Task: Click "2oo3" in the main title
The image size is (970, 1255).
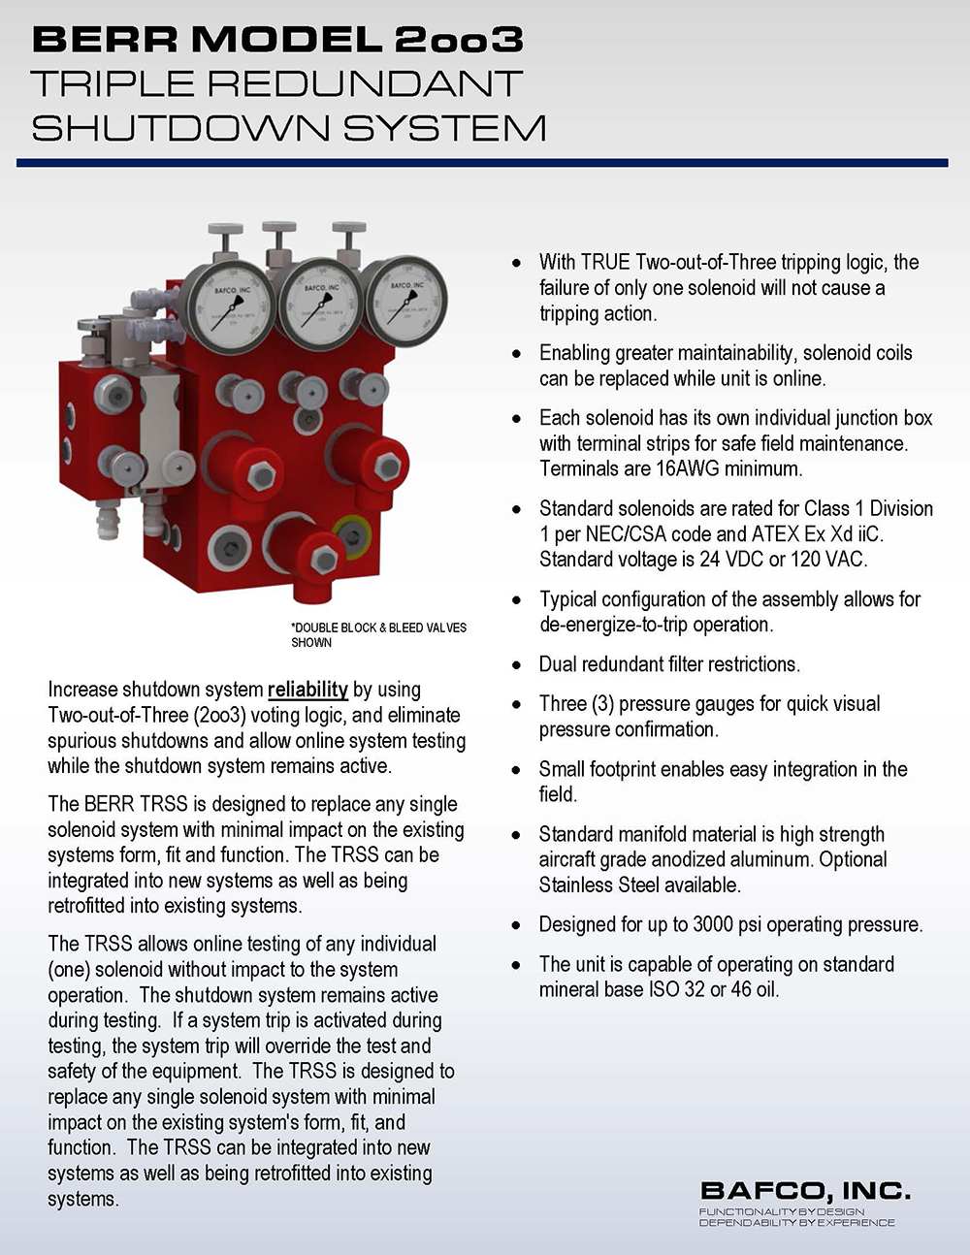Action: click(x=459, y=40)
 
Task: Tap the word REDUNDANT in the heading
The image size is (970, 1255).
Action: click(x=366, y=84)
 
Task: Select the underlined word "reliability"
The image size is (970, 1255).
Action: click(x=307, y=690)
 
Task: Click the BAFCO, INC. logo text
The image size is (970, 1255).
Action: click(x=805, y=1191)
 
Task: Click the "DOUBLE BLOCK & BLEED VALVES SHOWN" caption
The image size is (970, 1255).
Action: click(x=378, y=635)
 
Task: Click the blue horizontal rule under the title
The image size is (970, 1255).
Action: click(x=482, y=163)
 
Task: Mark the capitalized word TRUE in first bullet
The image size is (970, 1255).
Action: click(x=605, y=263)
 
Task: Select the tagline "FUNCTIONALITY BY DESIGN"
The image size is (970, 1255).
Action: click(x=781, y=1212)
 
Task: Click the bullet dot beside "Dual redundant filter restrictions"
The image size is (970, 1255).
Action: click(x=517, y=665)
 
